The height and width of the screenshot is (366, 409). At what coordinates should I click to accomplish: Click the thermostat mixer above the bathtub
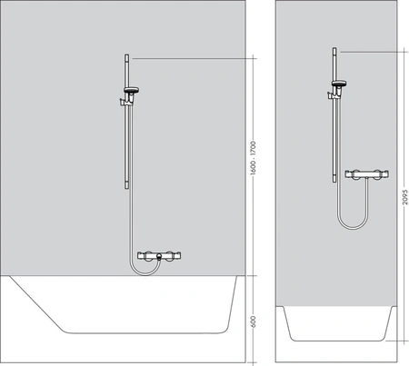(157, 257)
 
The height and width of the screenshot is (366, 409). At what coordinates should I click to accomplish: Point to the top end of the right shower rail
(334, 49)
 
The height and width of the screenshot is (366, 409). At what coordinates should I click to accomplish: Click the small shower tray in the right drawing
(336, 322)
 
